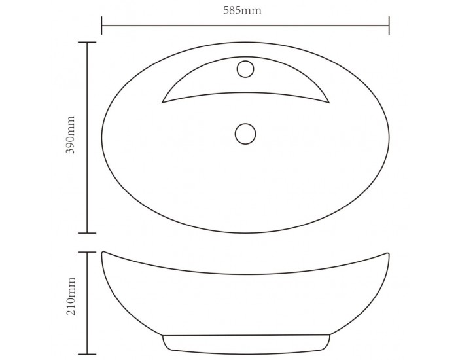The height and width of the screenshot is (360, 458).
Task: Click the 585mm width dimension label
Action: pyautogui.click(x=242, y=10)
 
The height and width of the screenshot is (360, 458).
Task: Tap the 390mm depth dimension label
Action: pyautogui.click(x=71, y=134)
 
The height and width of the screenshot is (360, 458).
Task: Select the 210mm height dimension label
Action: pyautogui.click(x=71, y=296)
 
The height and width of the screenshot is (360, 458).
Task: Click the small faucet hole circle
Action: pyautogui.click(x=245, y=69)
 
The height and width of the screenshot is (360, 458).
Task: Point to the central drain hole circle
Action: pyautogui.click(x=245, y=134)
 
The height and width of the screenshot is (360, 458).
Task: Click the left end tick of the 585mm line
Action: pyautogui.click(x=101, y=26)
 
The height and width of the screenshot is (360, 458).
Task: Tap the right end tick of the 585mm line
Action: pyautogui.click(x=389, y=26)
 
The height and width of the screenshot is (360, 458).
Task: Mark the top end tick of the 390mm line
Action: pyautogui.click(x=87, y=43)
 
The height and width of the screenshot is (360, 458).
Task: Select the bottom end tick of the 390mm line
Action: pyautogui.click(x=87, y=233)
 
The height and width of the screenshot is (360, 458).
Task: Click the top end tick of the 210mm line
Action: pyautogui.click(x=87, y=252)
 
